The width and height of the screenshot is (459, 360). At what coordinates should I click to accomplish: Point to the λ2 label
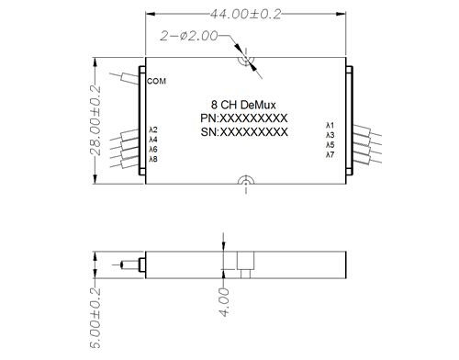(152, 129)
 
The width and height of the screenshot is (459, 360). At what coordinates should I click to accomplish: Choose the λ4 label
(152, 140)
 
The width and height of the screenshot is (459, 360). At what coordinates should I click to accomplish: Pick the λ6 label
(152, 150)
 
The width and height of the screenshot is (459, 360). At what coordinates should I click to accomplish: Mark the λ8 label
(152, 160)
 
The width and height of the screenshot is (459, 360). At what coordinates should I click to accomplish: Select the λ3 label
(330, 135)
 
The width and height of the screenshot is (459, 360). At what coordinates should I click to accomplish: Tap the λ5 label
(330, 145)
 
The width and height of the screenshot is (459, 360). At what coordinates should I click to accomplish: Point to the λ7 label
(330, 155)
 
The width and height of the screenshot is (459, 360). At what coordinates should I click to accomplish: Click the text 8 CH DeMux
(244, 105)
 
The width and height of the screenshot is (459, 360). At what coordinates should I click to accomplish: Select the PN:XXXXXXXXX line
(244, 118)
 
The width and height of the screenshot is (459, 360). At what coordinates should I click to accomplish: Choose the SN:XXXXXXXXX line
(244, 132)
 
